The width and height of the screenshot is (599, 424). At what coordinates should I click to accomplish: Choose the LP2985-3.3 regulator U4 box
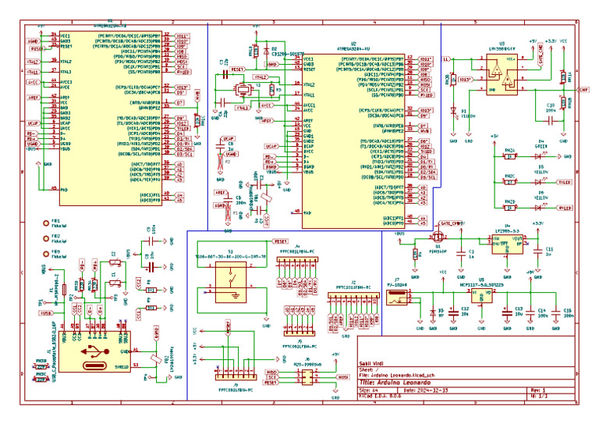[507, 244]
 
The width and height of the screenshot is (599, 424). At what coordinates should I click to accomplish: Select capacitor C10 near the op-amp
[551, 110]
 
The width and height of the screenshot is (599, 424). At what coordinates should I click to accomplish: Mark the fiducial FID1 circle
[45, 223]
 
